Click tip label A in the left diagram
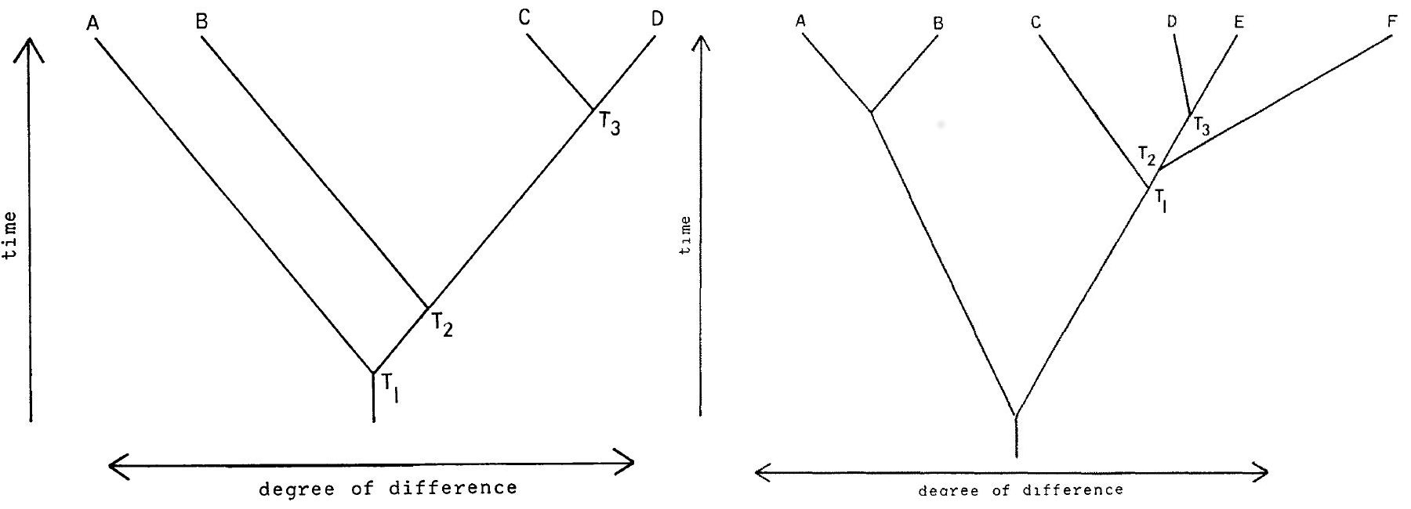click(x=92, y=25)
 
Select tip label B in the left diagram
click(x=201, y=22)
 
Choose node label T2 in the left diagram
click(x=441, y=325)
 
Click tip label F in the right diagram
click(x=1391, y=21)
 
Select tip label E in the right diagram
click(x=1239, y=22)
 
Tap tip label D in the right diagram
click(x=1172, y=22)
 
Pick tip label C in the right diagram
click(x=1036, y=23)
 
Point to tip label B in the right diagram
click(x=938, y=23)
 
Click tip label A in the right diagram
click(x=800, y=22)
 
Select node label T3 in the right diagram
click(x=1202, y=125)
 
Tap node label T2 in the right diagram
click(x=1147, y=159)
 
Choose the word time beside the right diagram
click(x=687, y=236)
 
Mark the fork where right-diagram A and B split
click(x=871, y=113)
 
